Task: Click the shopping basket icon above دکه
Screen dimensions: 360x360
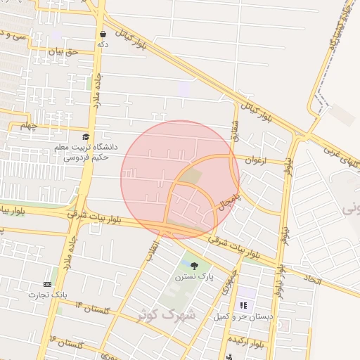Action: coord(103,34)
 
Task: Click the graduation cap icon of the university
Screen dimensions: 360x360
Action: coord(86,137)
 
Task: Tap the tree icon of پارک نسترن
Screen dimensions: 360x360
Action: coord(194,265)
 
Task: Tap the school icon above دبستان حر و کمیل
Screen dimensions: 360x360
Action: coord(243,304)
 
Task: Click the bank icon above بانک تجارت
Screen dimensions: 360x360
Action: coord(48,283)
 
